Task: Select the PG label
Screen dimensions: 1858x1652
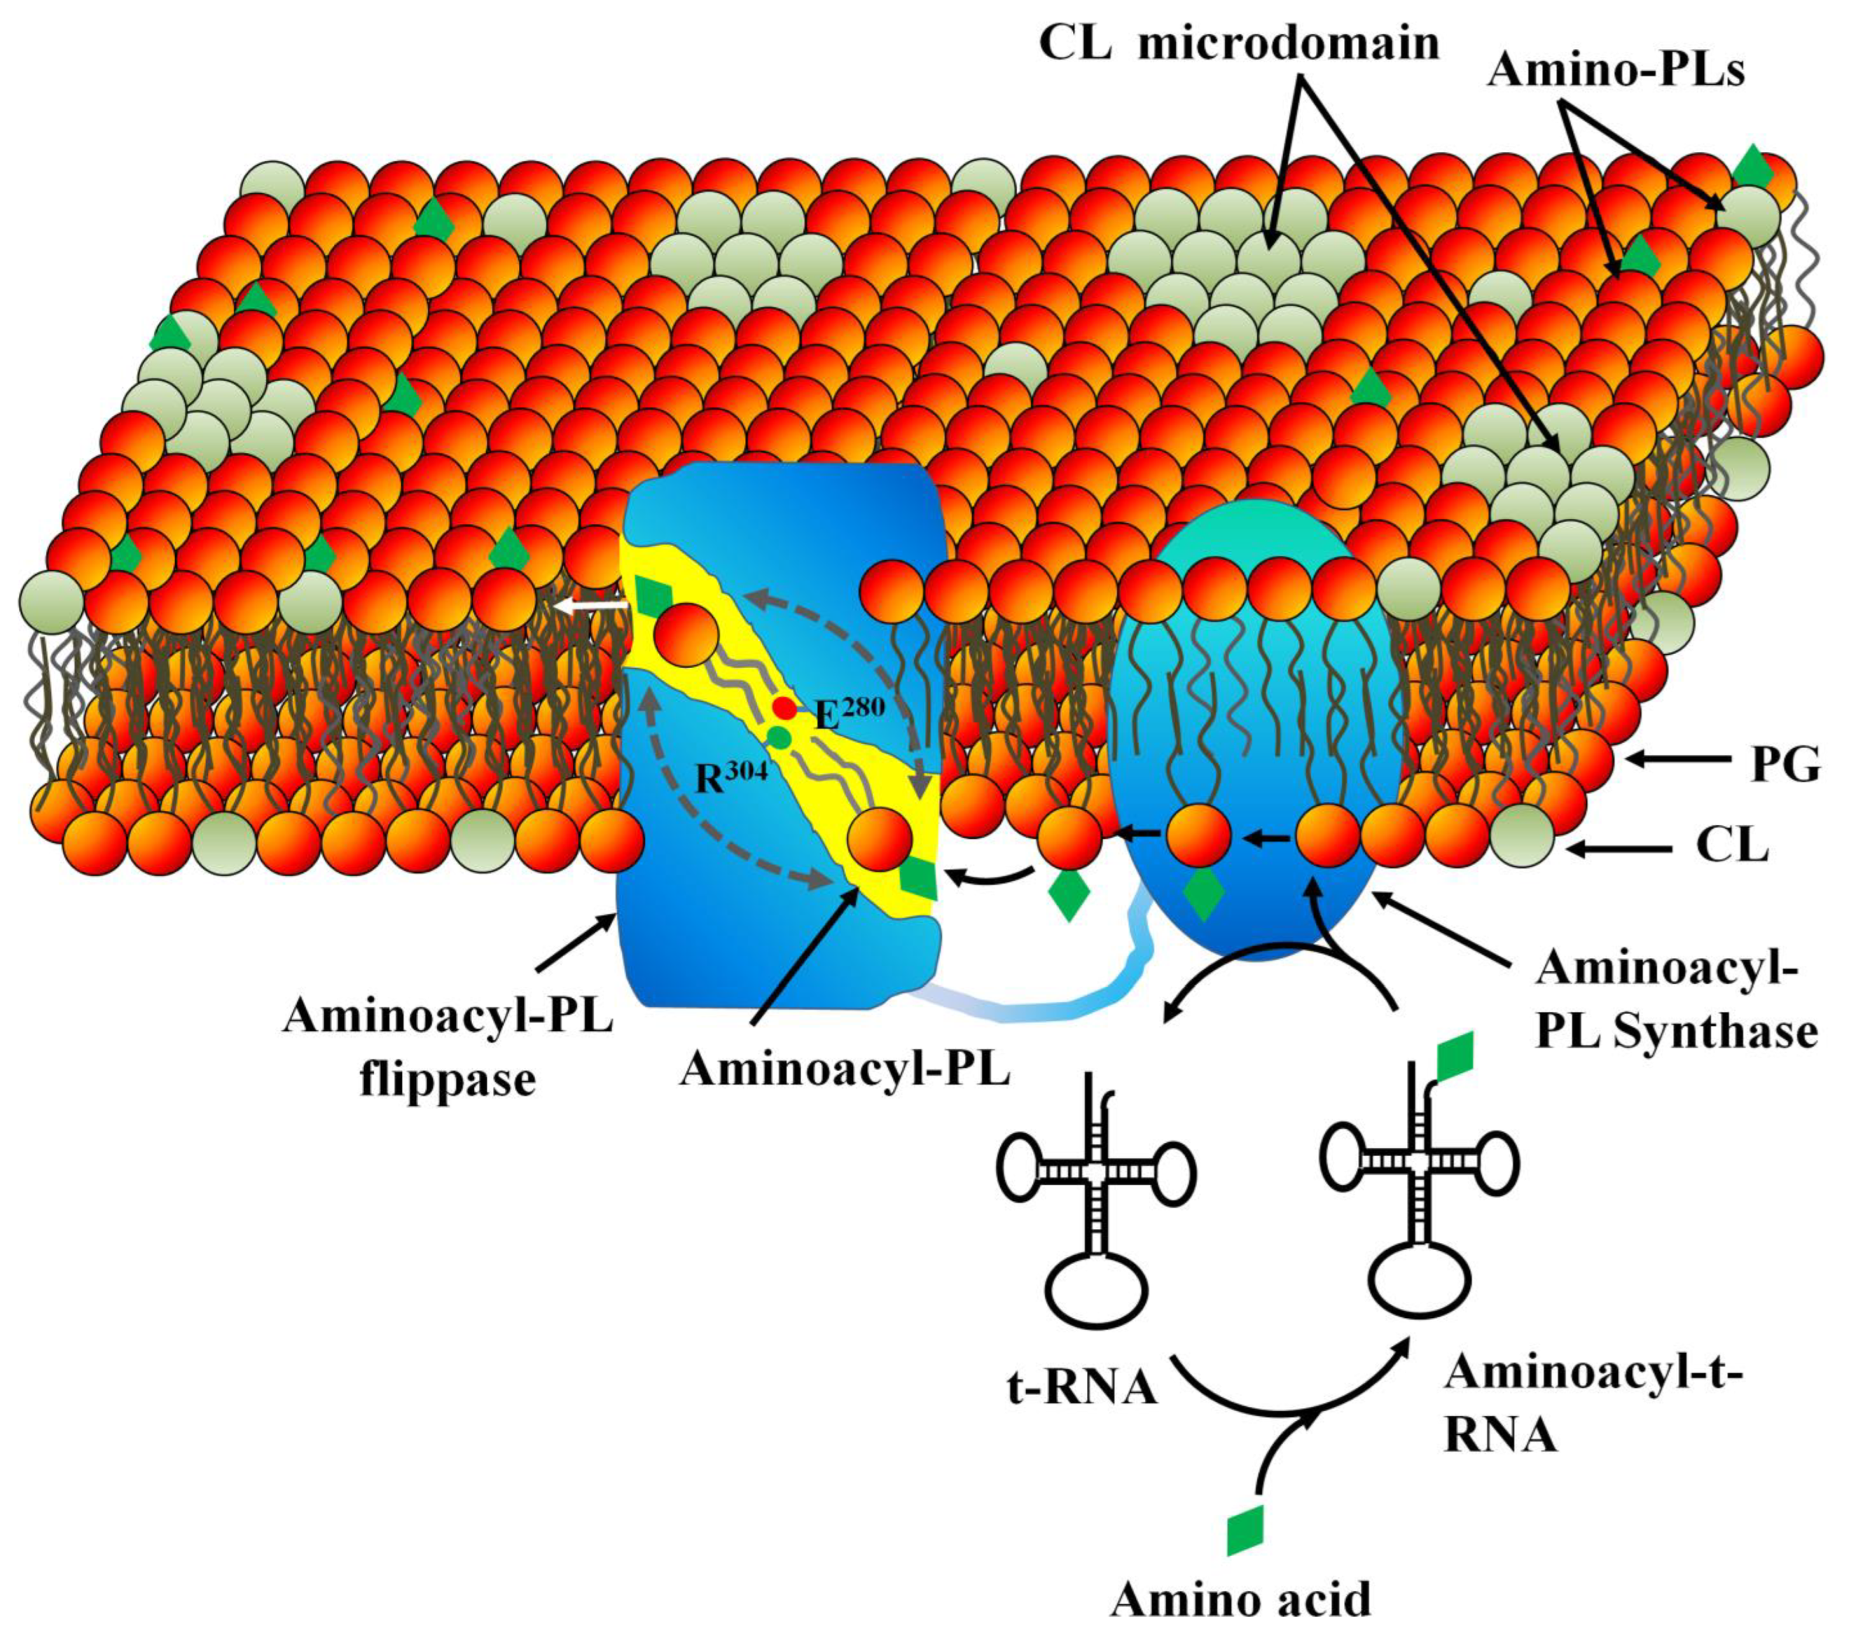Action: click(x=1786, y=766)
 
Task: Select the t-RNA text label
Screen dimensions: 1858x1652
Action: click(x=1081, y=1387)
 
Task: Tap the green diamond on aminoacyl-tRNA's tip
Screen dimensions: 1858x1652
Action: click(x=1454, y=1053)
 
